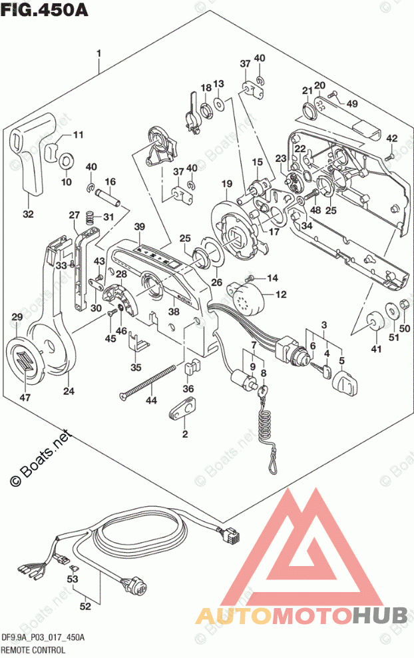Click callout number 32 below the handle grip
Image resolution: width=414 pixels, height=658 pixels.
[28, 214]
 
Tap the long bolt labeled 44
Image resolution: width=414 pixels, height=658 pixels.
[150, 382]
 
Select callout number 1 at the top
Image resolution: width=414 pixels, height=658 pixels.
[99, 53]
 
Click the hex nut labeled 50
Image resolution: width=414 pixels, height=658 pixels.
[402, 307]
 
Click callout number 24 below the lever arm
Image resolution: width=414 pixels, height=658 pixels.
[69, 391]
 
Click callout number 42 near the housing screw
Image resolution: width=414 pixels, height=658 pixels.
[391, 138]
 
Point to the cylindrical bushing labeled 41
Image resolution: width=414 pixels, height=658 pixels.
[375, 322]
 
